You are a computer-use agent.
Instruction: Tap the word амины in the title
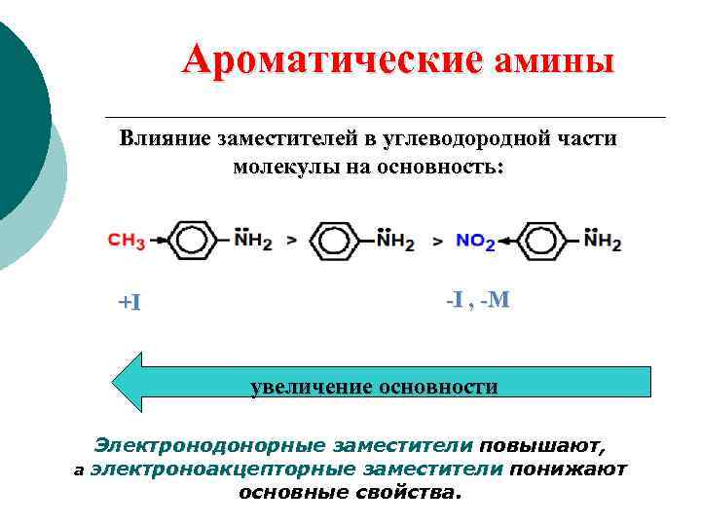(x=555, y=63)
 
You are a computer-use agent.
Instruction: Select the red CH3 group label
(x=127, y=239)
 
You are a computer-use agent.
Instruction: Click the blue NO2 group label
(x=476, y=241)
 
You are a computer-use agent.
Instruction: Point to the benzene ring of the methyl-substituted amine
(x=195, y=239)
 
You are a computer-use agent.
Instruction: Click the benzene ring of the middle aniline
(x=338, y=239)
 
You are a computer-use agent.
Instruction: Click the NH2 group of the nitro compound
(x=604, y=240)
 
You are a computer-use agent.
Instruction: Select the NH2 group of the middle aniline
(x=394, y=240)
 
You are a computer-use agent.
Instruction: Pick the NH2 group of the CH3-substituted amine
(x=252, y=240)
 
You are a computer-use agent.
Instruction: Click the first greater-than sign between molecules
(x=291, y=240)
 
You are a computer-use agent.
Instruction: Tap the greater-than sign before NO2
(x=437, y=240)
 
